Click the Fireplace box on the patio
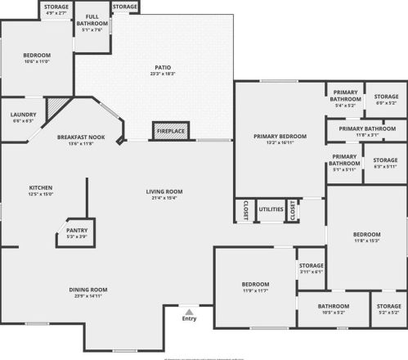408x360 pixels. click(x=169, y=131)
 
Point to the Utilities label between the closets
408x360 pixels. click(x=271, y=210)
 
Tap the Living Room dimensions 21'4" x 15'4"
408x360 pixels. click(x=164, y=198)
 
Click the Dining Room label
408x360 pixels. click(x=87, y=289)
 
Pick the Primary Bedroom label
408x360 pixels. click(x=280, y=136)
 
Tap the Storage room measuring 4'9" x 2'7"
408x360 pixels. click(x=56, y=7)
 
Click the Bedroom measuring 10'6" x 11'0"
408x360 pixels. click(x=36, y=56)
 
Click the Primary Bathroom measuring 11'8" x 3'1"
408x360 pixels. click(x=367, y=128)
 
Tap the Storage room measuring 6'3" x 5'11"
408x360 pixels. click(x=384, y=161)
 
